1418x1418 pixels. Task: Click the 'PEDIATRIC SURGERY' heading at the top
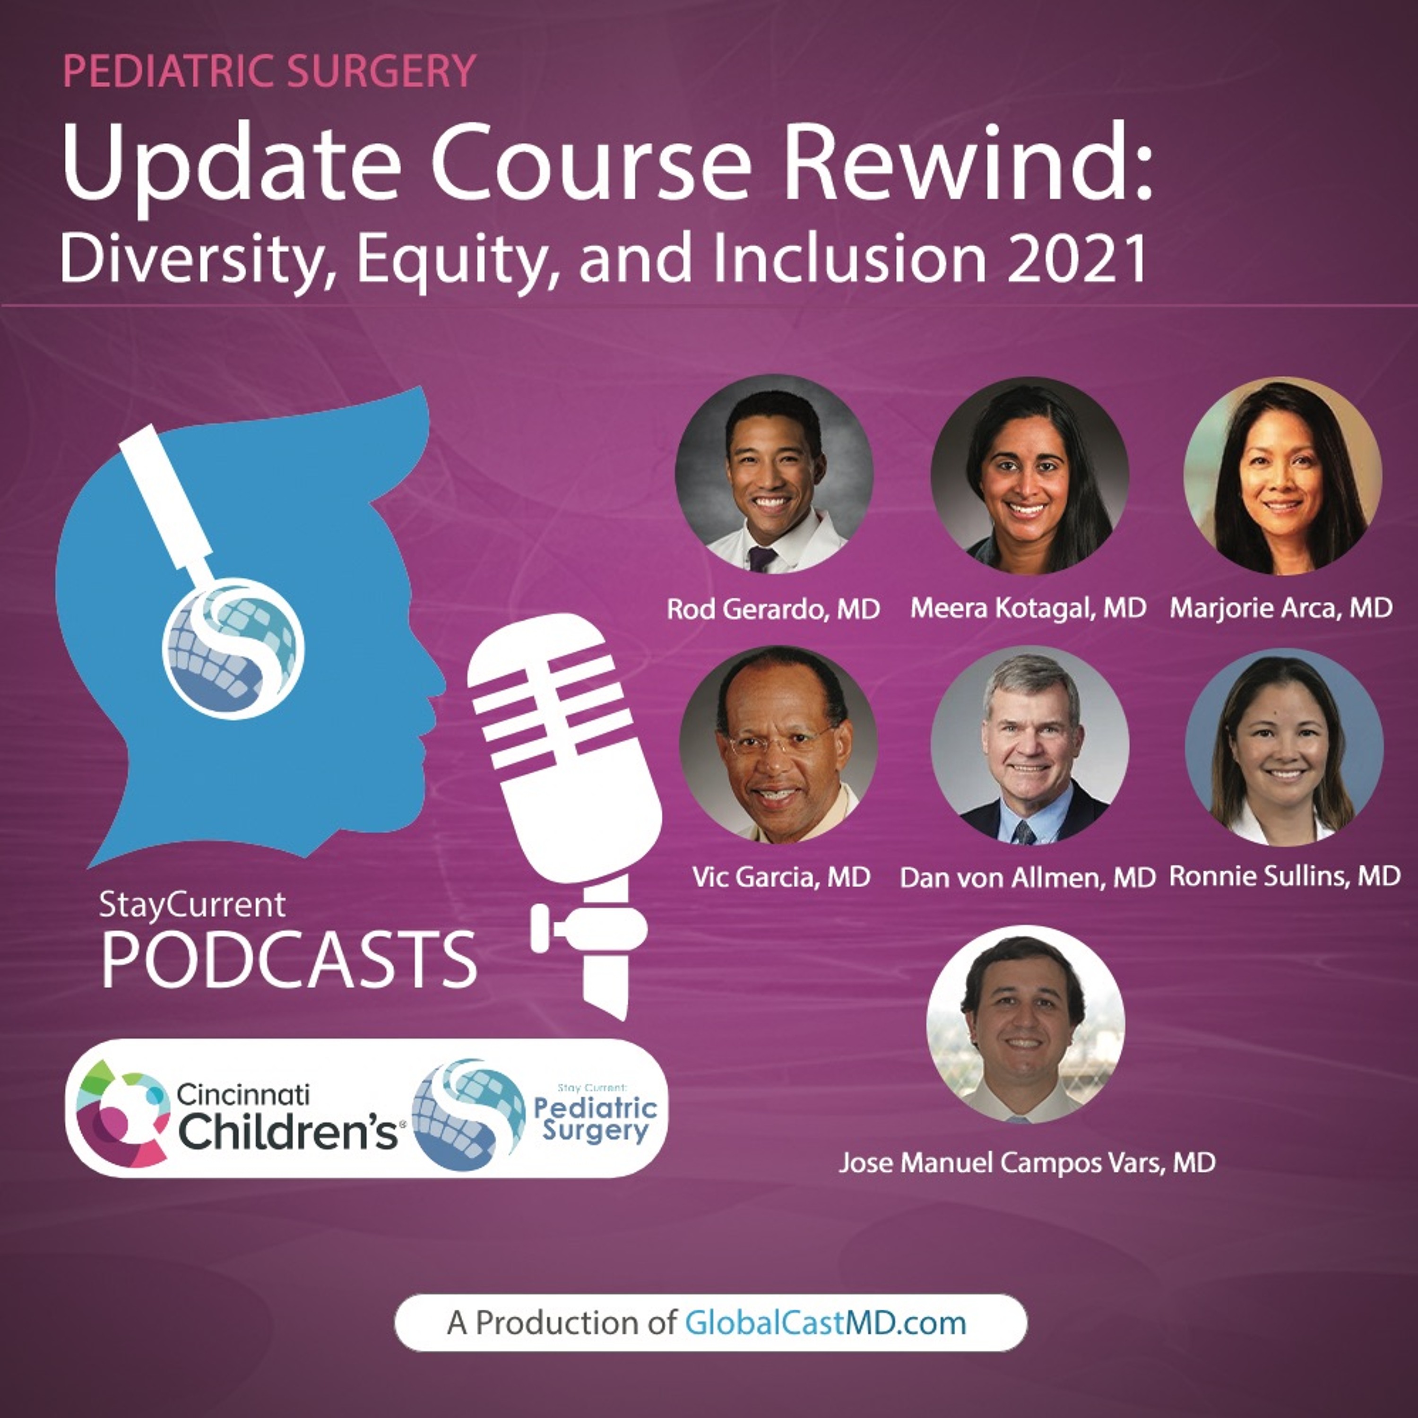tap(269, 71)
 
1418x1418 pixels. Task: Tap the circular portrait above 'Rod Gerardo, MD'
tap(774, 474)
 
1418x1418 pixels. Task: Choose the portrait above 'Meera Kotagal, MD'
tap(1030, 475)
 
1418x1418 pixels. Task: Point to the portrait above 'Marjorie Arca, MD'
tap(1283, 475)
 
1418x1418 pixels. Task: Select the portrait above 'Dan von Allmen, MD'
tap(1030, 746)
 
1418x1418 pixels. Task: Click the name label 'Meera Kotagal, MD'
tap(1028, 608)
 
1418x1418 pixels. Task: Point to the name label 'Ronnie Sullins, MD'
tap(1284, 875)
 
